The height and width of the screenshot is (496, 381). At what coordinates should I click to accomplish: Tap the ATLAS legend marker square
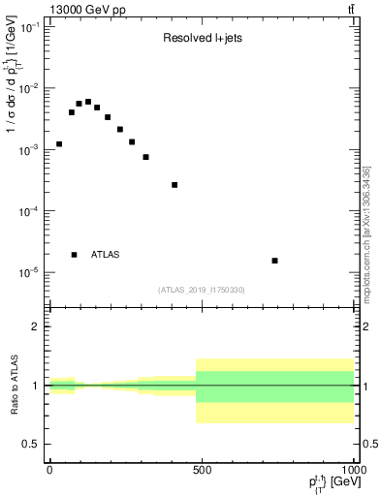pos(75,255)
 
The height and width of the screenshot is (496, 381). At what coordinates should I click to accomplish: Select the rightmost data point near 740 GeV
pos(275,261)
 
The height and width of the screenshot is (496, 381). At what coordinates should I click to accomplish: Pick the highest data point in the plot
pos(88,102)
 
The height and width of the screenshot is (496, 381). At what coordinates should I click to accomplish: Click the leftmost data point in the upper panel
pos(59,144)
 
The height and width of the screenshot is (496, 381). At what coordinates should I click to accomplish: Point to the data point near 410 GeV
pos(175,185)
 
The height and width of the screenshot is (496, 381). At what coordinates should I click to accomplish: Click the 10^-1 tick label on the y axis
pos(29,28)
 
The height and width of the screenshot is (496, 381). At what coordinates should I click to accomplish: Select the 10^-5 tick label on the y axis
pos(29,272)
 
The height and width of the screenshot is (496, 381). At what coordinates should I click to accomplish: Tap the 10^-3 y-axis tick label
pos(29,150)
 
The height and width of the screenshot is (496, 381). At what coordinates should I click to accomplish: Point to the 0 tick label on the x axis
pos(49,469)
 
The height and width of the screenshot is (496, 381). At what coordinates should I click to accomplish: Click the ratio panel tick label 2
pos(36,326)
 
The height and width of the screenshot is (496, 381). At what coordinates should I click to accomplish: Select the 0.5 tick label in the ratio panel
pos(32,444)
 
